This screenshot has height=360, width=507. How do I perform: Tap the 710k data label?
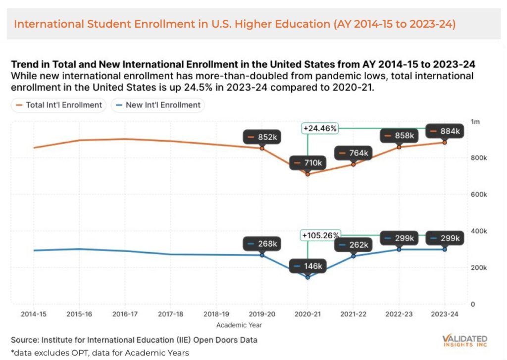coord(307,162)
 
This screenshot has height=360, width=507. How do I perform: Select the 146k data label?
coord(307,266)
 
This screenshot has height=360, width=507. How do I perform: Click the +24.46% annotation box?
coord(320,129)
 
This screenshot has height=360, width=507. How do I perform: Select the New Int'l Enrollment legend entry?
coord(158,105)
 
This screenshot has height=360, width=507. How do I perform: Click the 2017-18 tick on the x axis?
coord(170,314)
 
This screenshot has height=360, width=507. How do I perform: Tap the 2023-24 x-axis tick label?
coord(445,314)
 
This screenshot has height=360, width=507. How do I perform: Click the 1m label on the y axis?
coord(475,122)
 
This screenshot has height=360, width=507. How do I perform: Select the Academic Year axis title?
coord(239,325)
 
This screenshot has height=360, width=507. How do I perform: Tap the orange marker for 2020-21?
coord(307,174)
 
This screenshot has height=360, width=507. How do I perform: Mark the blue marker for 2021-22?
coord(354,256)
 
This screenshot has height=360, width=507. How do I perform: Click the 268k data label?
coord(262,244)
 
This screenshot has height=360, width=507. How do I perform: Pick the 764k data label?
coord(353,153)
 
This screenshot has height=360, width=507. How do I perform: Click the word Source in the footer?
coord(24,340)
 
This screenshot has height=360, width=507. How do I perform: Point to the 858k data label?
coord(399,135)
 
